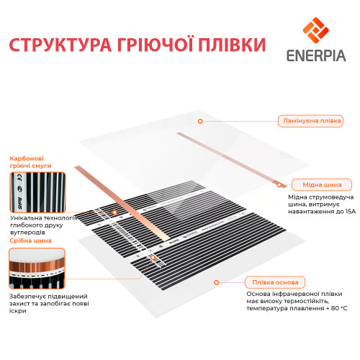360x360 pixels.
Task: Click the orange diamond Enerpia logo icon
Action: click(x=315, y=30)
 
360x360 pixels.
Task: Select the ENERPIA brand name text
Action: click(x=316, y=55)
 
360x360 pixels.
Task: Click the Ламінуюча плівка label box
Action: click(x=310, y=121)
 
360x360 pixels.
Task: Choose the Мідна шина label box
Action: click(x=322, y=185)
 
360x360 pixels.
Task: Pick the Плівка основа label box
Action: click(x=275, y=282)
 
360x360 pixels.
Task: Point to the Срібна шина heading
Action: click(x=30, y=240)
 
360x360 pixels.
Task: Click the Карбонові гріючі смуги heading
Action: click(x=30, y=162)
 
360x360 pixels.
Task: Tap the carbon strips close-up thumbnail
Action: click(x=37, y=192)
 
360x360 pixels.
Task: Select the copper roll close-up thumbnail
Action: click(x=37, y=269)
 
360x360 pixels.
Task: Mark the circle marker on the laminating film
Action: click(x=200, y=121)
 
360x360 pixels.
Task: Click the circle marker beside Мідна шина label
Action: click(x=279, y=185)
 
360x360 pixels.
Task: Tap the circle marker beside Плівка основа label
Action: click(x=216, y=282)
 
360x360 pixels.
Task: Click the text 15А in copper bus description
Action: click(x=351, y=212)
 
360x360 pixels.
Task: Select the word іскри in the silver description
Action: click(x=18, y=311)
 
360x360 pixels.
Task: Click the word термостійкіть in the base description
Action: click(x=305, y=301)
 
